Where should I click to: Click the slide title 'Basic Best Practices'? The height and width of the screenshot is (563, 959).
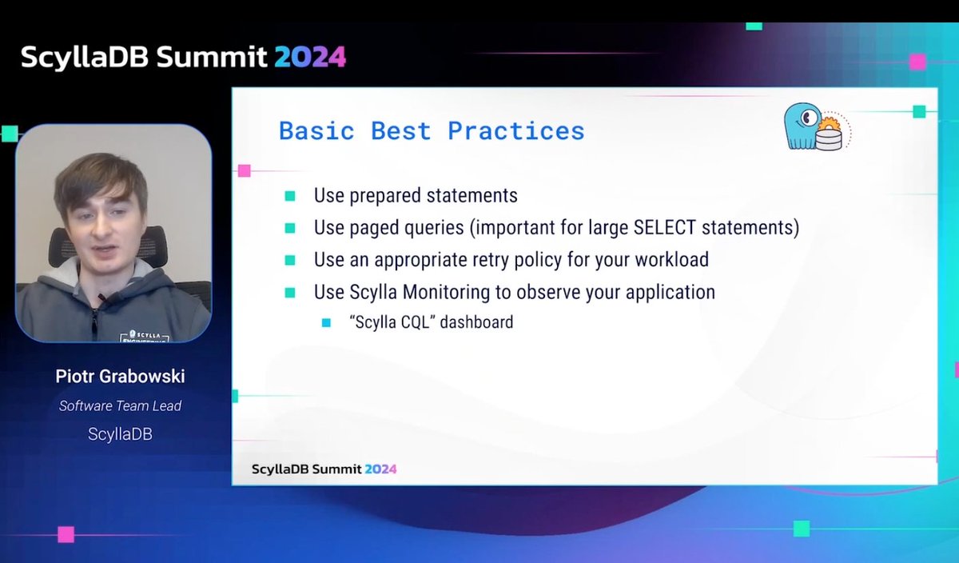click(432, 130)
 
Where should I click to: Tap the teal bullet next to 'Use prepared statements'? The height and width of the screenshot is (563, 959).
click(290, 196)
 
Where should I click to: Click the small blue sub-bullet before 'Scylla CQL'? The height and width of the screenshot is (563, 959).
click(326, 323)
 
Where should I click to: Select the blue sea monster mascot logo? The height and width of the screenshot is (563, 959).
click(803, 126)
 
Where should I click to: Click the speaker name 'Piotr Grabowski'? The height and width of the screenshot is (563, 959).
click(120, 376)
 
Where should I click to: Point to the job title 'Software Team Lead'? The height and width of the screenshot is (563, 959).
click(120, 405)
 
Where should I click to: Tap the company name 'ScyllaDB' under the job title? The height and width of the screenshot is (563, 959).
click(120, 434)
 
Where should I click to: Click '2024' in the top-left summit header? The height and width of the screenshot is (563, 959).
click(310, 57)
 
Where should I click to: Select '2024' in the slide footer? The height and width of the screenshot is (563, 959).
click(380, 469)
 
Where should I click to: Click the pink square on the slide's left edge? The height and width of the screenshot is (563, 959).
click(244, 170)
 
